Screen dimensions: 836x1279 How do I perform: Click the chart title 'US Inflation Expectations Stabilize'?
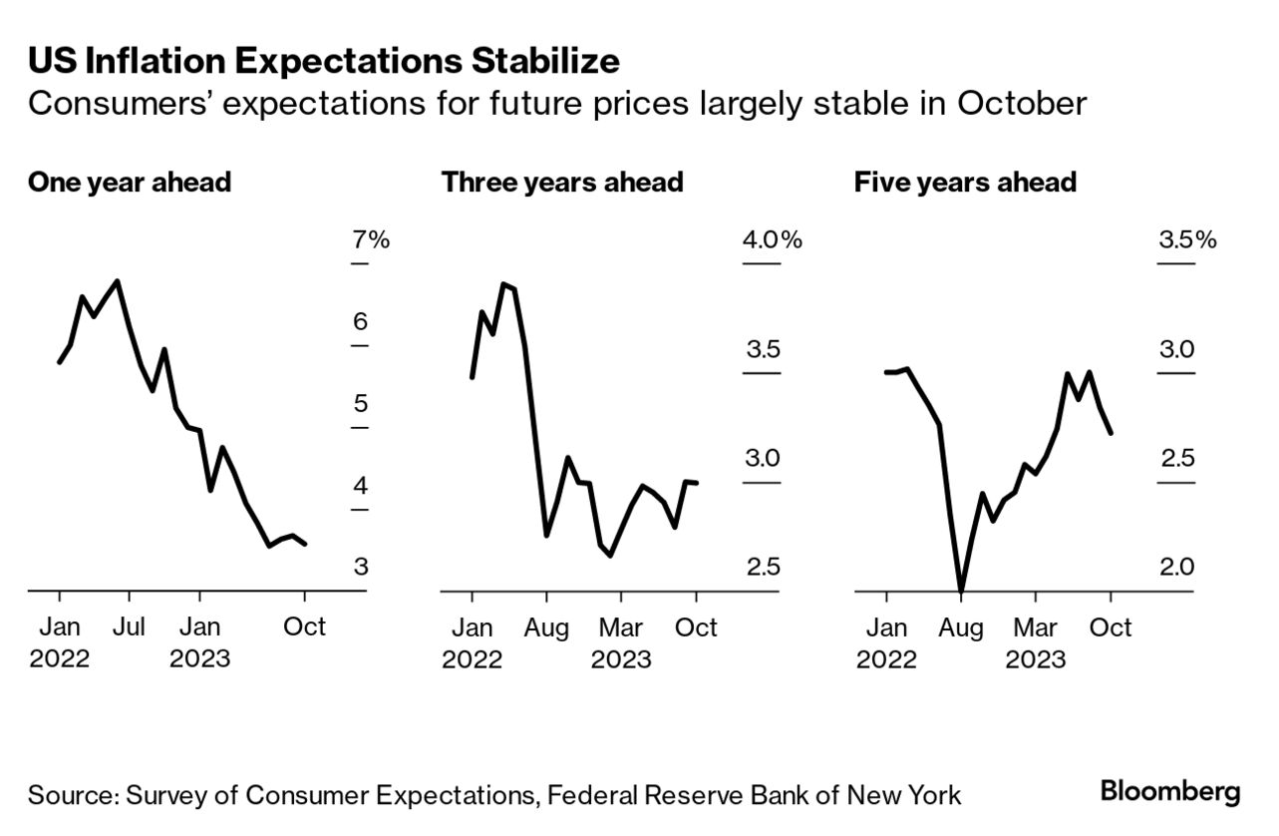pos(323,62)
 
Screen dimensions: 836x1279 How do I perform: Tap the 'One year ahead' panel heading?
pos(130,183)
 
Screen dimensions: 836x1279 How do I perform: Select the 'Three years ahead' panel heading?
pos(562,183)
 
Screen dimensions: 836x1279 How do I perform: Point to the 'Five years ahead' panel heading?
pos(965,183)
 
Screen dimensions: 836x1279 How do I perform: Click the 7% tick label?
pos(370,240)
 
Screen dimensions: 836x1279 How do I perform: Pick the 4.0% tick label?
pos(772,240)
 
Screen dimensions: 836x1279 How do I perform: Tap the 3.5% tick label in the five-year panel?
pos(1186,240)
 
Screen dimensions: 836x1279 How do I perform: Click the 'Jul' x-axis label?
pos(129,627)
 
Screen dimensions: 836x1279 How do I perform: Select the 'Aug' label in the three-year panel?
pos(546,627)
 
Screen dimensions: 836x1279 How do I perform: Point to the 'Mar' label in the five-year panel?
pos(1035,627)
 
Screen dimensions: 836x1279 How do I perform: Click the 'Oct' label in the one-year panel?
pos(304,627)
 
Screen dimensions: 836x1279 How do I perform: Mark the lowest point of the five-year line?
pos(961,592)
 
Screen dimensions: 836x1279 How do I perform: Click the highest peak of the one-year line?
pos(119,281)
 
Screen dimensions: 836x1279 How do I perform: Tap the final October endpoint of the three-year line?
pos(696,483)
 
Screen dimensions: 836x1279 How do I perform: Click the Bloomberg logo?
pos(1170,793)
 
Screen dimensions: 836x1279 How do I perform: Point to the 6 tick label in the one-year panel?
pos(360,322)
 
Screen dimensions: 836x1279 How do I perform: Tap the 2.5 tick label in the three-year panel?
pos(763,567)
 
